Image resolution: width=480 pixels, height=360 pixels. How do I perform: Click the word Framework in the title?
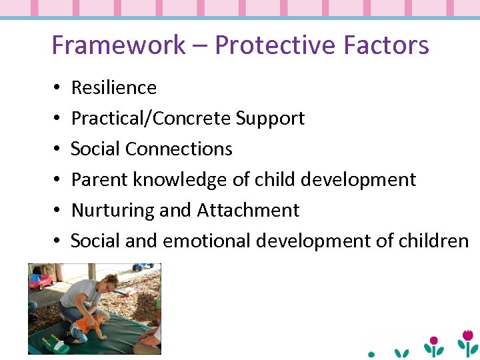tap(119, 45)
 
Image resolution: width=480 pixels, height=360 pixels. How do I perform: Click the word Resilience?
tap(114, 87)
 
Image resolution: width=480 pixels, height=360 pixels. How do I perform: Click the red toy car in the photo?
tap(41, 279)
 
